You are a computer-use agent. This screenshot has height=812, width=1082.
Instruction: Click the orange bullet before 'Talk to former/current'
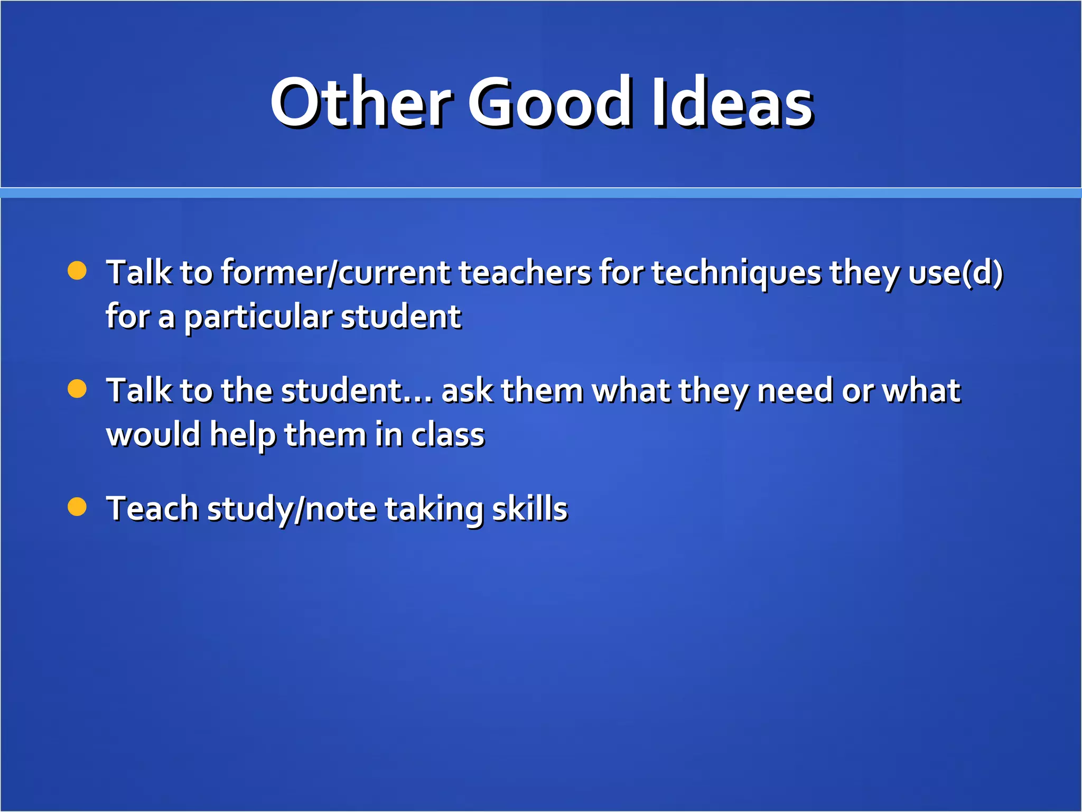(77, 271)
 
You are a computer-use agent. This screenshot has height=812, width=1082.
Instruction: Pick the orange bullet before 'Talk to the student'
(77, 389)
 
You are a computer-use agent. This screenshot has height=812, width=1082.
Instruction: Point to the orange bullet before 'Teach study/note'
(77, 506)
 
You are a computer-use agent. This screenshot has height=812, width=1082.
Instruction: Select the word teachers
(525, 273)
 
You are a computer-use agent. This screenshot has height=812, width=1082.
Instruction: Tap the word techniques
(736, 274)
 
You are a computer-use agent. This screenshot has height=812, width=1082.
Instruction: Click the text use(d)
(955, 273)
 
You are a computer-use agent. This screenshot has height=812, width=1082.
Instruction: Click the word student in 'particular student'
(401, 317)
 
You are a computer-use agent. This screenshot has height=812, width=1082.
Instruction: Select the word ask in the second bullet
(467, 391)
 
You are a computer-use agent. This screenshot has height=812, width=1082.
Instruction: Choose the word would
(153, 435)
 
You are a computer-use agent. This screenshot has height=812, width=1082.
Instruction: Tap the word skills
(529, 509)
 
